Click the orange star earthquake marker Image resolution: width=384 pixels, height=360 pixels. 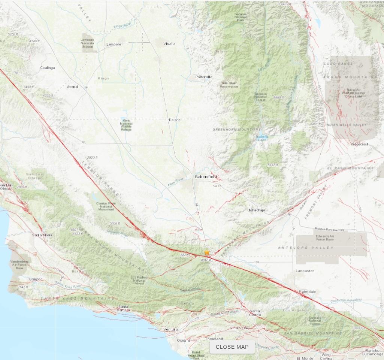207,252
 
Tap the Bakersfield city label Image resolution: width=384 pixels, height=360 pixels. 206,176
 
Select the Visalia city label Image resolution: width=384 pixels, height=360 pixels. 169,44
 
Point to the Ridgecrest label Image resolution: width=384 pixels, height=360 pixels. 360,144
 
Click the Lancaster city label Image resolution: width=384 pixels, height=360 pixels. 305,270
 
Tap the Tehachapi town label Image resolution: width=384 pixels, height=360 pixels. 257,210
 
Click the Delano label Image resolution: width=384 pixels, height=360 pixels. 174,120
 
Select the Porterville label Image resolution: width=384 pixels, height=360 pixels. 204,77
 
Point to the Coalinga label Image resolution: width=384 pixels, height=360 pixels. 47,68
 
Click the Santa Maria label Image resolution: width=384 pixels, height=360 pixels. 42,235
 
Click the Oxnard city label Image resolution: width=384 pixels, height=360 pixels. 183,341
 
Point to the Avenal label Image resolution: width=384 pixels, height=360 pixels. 72,87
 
